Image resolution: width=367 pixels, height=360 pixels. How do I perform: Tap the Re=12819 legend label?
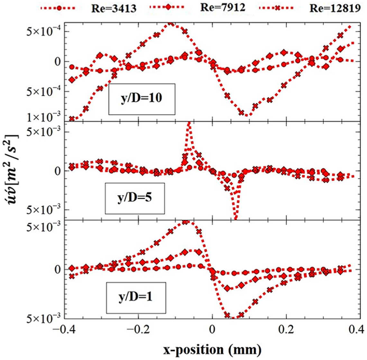335,8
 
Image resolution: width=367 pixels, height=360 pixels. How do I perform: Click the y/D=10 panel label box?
142,99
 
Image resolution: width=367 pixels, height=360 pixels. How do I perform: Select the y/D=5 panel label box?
134,198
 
